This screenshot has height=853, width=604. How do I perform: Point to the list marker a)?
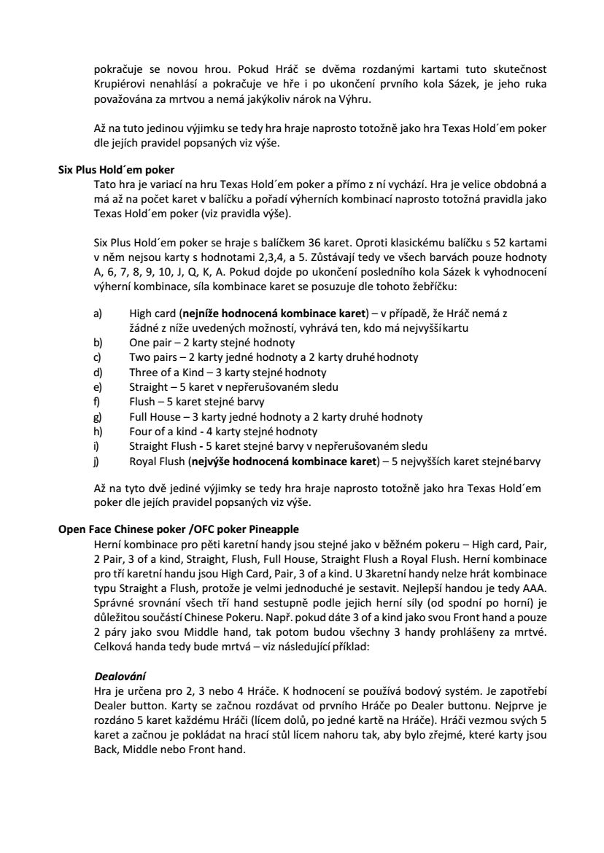tap(98, 313)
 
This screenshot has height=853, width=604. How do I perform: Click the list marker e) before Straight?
tap(98, 386)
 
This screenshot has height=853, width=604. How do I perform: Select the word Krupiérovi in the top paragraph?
tap(121, 84)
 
